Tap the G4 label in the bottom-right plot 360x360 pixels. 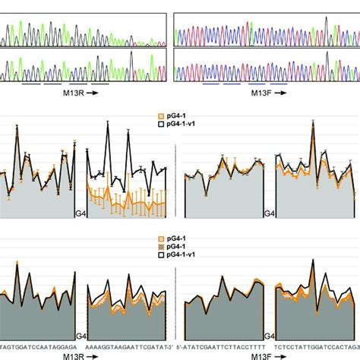pyautogui.click(x=268, y=336)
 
